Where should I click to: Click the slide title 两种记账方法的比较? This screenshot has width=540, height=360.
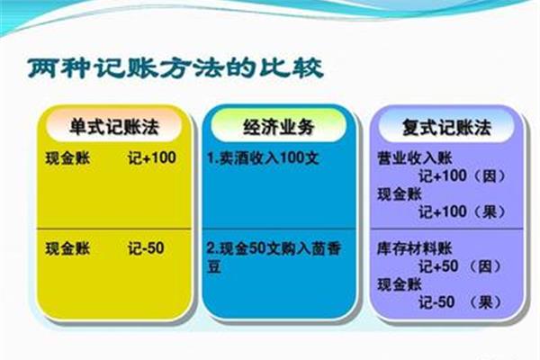[x=175, y=68]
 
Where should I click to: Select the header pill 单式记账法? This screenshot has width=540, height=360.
[x=114, y=125]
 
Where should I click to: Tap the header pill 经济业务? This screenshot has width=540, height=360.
[x=279, y=125]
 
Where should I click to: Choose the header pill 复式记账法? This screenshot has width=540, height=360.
[x=446, y=126]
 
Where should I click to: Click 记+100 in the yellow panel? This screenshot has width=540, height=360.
[x=152, y=157]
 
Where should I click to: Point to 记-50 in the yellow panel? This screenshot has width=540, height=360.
[x=146, y=248]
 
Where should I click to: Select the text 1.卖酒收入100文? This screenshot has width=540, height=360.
[x=263, y=158]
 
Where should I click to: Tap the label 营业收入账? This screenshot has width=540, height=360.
[x=415, y=157]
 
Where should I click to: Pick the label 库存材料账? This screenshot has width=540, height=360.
[x=415, y=248]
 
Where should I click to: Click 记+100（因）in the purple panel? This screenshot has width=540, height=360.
[x=463, y=175]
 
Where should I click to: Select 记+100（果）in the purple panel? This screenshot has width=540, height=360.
[x=463, y=211]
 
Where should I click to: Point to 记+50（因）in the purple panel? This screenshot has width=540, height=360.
[x=460, y=266]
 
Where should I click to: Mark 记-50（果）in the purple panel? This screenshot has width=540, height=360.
[x=460, y=302]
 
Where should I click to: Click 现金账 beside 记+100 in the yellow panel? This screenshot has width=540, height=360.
[x=67, y=158]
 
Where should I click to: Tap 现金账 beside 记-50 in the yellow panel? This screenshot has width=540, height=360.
[x=67, y=248]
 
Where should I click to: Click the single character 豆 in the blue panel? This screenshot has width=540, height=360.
[x=214, y=266]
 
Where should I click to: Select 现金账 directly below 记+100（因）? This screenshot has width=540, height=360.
[x=400, y=194]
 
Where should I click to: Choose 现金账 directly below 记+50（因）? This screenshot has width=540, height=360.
[x=400, y=284]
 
